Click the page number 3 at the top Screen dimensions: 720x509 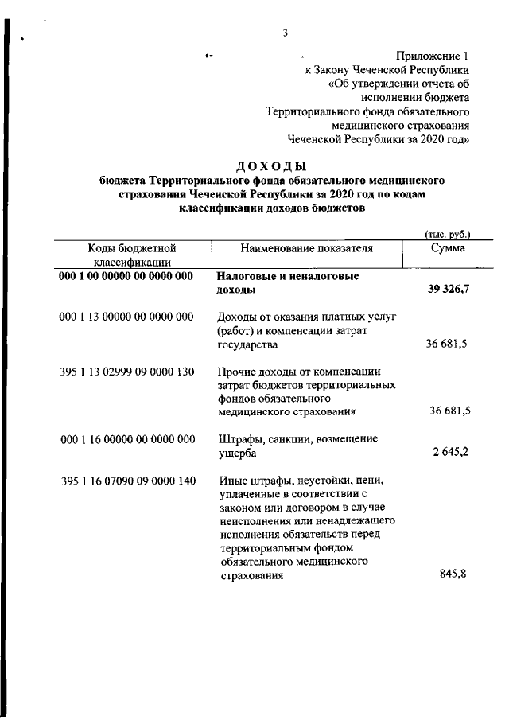tap(284, 33)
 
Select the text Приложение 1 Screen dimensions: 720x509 tap(433, 56)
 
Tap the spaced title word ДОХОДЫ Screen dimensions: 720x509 tap(271, 165)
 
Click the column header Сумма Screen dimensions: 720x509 tap(448, 248)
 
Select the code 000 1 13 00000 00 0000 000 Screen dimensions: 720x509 tap(126, 317)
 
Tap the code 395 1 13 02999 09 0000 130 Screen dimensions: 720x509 tap(126, 371)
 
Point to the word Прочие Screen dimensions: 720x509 tap(235, 371)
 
